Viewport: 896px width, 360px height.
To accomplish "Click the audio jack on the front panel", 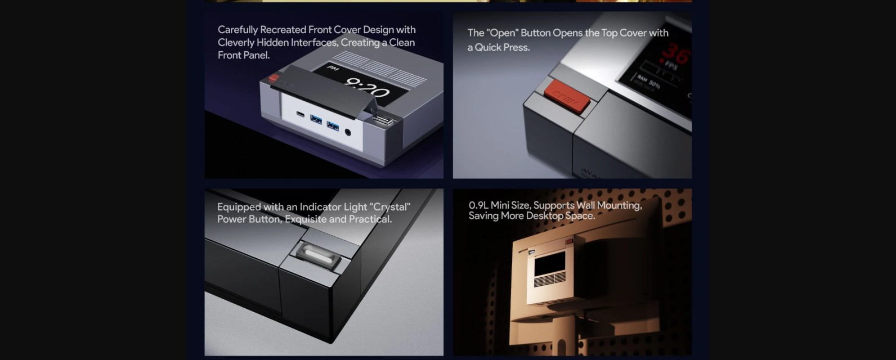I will tap(347, 132).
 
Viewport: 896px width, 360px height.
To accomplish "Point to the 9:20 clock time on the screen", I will tap(366, 88).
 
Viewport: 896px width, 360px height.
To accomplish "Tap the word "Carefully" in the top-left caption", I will tap(238, 30).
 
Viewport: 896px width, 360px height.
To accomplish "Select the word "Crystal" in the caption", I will tap(390, 207).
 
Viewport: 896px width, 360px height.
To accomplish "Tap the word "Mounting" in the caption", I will tap(619, 205).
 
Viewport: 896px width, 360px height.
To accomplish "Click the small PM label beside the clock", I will tap(332, 69).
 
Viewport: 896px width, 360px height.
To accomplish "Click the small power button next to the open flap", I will tap(382, 120).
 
